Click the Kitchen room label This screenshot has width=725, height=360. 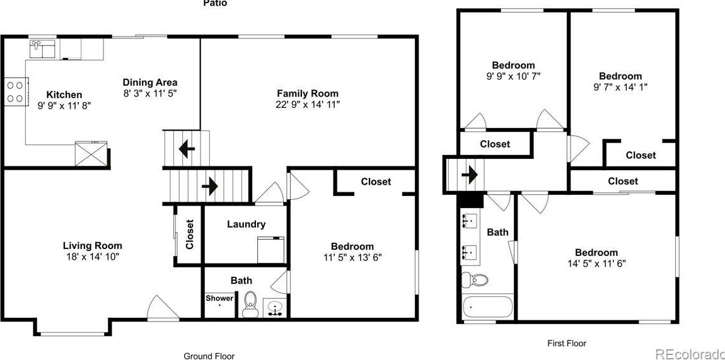pos(64,95)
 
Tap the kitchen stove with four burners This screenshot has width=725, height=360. pos(15,91)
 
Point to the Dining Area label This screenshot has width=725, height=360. pos(149,82)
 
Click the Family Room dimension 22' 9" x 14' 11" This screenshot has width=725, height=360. pos(307,105)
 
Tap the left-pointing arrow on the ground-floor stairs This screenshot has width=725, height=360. pos(186,149)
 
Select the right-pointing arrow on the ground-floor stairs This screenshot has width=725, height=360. pos(209,187)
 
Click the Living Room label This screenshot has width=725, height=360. pos(92,245)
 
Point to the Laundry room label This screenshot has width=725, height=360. pos(246,224)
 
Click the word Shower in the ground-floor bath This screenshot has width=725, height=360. pos(219,298)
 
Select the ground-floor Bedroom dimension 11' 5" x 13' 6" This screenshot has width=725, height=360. pos(352,257)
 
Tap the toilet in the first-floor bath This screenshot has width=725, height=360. pos(479,280)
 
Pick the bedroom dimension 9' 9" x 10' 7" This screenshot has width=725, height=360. pos(513,76)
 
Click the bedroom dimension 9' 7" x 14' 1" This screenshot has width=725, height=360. pos(620,87)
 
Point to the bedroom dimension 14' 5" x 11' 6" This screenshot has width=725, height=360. pos(596,264)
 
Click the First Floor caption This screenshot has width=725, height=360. pos(566,344)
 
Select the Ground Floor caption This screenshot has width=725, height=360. pos(209,356)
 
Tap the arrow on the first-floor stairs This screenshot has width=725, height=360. pos(470,174)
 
